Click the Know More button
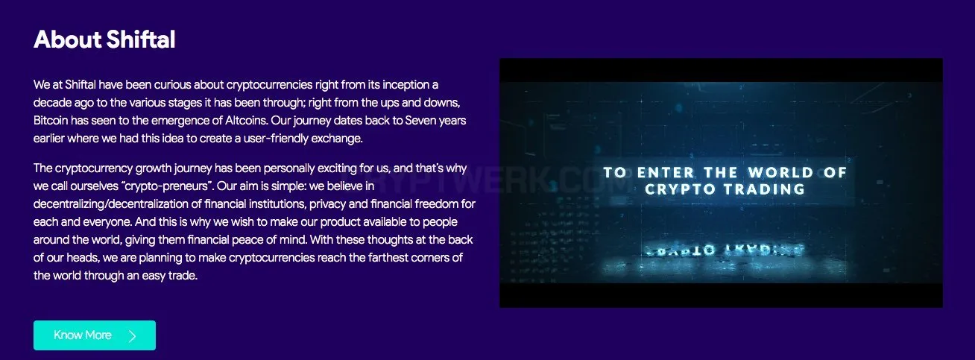pyautogui.click(x=95, y=335)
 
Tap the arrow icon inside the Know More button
pyautogui.click(x=133, y=335)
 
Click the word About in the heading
pyautogui.click(x=68, y=40)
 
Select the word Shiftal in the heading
pyautogui.click(x=141, y=40)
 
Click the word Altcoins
pyautogui.click(x=246, y=120)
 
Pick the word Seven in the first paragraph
pyautogui.click(x=420, y=120)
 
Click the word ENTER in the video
pyautogui.click(x=666, y=173)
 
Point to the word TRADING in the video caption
pyautogui.click(x=765, y=189)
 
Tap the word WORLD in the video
pyautogui.click(x=781, y=173)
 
